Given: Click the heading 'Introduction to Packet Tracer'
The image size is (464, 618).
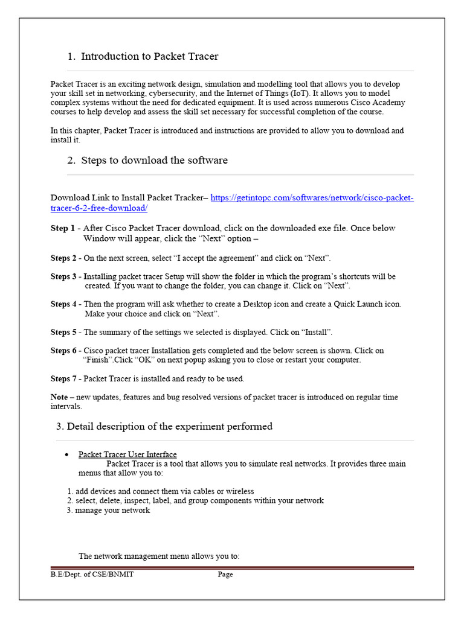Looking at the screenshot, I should coord(149,57).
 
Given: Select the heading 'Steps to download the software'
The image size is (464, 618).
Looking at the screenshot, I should coord(154,161).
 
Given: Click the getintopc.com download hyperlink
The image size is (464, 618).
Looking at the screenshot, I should coord(312,198).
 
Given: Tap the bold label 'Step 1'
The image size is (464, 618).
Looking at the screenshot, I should coord(63,228).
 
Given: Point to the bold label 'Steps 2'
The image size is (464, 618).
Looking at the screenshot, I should coord(64,258).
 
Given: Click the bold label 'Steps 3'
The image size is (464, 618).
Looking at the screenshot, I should coord(64,276).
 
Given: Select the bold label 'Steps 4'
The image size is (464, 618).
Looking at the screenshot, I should coord(64,304).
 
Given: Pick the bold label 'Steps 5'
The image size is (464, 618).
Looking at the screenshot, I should coord(64,332).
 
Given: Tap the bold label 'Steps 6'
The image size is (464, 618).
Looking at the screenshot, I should coord(64,351).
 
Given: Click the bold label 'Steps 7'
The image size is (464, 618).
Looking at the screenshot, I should coord(64,379).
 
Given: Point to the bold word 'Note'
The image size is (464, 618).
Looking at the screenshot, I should coord(59,397).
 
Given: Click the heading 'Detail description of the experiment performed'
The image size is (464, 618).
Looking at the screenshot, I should coord(169,427).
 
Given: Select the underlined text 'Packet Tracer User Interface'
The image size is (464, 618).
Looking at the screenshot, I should coord(127,454).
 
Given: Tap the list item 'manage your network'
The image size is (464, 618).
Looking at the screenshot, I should coord(112,511).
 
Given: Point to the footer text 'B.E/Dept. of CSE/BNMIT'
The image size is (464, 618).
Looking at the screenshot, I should coord(92,575).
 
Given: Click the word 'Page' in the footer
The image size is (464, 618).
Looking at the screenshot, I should coord(225,575).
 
